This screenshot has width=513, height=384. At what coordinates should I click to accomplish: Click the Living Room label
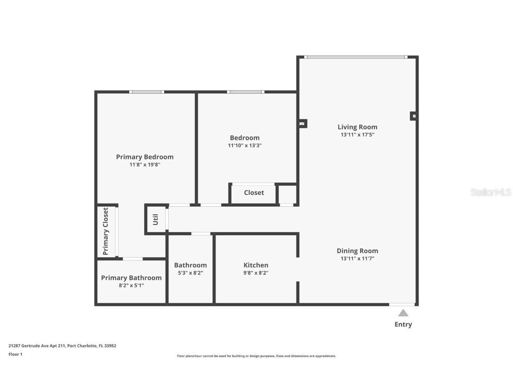357,127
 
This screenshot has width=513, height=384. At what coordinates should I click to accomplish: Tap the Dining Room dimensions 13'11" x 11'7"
357,258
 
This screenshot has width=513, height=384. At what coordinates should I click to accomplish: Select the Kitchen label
256,265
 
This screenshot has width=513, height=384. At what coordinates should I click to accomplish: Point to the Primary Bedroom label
145,157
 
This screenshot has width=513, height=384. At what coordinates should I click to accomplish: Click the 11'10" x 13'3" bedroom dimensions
244,145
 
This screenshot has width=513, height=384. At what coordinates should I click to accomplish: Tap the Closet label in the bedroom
254,193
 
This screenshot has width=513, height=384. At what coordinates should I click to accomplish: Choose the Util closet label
155,220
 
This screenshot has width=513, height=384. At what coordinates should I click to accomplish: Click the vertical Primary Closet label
106,231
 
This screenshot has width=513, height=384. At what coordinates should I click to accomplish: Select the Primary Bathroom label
131,278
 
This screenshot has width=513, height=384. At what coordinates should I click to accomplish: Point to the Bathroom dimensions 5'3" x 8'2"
190,273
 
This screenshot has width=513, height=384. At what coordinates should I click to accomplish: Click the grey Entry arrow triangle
403,313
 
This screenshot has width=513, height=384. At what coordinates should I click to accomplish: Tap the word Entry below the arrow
403,324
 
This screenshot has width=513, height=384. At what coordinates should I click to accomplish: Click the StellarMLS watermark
491,192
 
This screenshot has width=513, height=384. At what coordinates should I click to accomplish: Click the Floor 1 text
15,354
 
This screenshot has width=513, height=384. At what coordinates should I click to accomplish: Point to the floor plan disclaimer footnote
256,356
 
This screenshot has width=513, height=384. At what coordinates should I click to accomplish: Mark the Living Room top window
356,57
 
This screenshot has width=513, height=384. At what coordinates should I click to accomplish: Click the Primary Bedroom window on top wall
147,92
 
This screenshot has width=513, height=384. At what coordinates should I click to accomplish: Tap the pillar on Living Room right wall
414,116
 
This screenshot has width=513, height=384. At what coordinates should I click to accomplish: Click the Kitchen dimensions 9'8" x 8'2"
256,273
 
